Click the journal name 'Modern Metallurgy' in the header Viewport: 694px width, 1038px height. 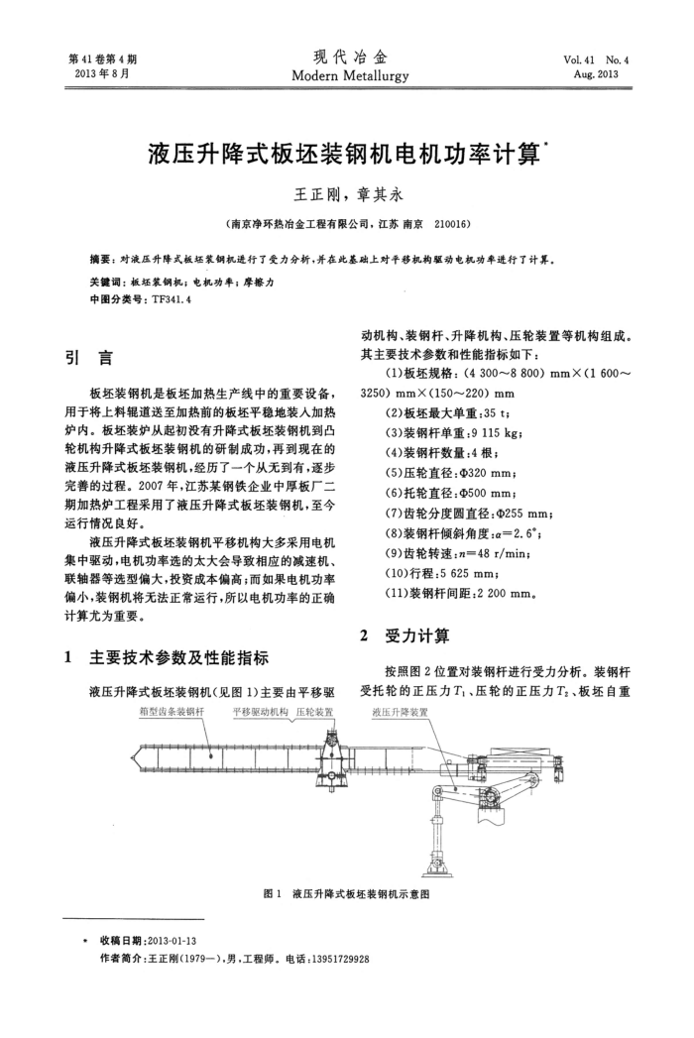coord(346,76)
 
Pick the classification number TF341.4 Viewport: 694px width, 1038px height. coord(160,298)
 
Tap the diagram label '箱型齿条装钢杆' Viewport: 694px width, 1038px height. coord(172,712)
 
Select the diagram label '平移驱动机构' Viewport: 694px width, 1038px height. coord(260,712)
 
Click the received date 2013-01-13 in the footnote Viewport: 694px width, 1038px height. coord(173,940)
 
